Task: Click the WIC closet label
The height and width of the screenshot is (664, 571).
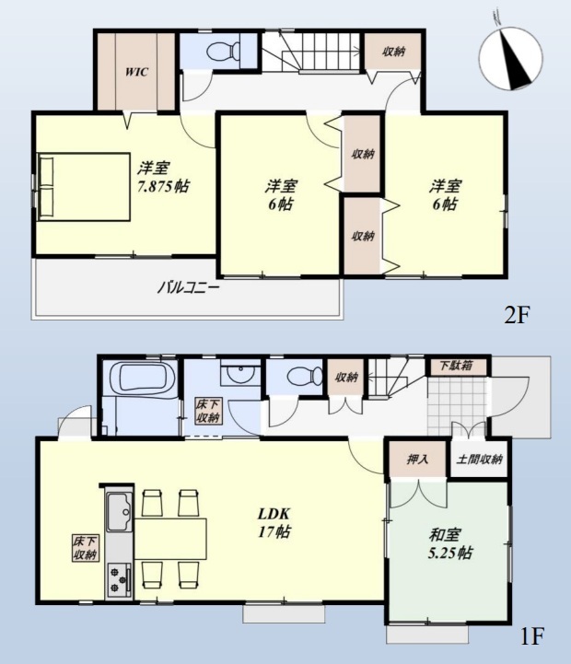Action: [137, 72]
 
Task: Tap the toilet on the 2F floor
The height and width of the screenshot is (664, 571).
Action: [222, 52]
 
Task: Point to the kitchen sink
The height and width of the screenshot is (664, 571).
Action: [120, 511]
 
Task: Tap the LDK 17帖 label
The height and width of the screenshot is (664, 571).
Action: [274, 522]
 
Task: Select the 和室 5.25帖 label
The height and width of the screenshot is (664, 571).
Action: [450, 543]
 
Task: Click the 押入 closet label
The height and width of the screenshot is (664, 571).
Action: [418, 459]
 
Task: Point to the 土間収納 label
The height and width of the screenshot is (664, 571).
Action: [479, 459]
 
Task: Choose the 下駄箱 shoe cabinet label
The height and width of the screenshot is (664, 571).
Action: [456, 366]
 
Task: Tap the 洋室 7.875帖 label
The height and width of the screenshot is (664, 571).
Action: [163, 177]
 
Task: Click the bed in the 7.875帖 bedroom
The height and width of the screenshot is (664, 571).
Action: [84, 187]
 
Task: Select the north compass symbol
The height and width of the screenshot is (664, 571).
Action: [511, 59]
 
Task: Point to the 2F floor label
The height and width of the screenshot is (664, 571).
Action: [517, 316]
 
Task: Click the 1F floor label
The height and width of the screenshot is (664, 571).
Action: [531, 635]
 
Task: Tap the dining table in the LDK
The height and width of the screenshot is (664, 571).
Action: [170, 538]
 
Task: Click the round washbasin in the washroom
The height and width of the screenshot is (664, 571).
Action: [240, 373]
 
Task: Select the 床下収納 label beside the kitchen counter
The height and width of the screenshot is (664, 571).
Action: [86, 548]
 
